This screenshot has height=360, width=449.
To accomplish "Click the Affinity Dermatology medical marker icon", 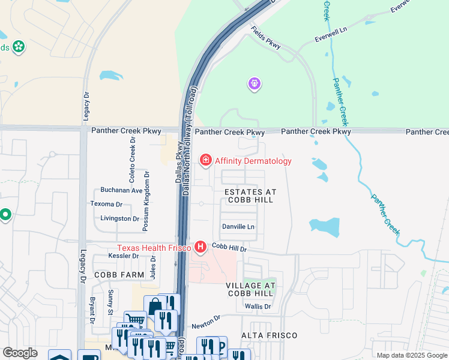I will point(206,160).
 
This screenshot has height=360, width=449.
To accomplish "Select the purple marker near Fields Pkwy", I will point(255,85).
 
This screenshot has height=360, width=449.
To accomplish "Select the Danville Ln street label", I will point(239,227).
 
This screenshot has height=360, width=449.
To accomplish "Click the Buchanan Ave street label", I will point(121,190).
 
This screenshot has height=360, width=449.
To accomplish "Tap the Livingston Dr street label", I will point(120,218).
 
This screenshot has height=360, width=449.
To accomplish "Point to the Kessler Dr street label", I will point(124,256).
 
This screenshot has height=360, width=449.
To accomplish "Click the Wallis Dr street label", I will point(259,307).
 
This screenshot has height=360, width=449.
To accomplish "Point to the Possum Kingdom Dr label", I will point(145,200).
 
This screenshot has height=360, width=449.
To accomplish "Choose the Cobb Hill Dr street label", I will point(229,247).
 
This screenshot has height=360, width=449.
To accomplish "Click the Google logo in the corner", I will point(20,353).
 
